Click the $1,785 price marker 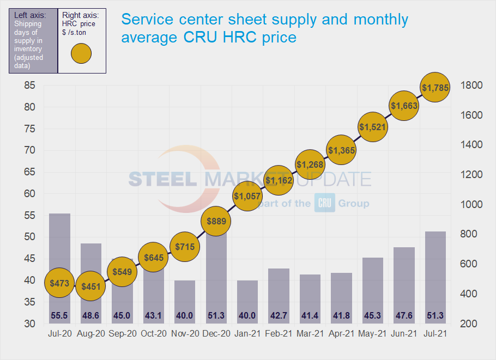pyautogui.click(x=435, y=87)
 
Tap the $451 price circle pyautogui.click(x=91, y=286)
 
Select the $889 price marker pyautogui.click(x=216, y=221)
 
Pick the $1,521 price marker pyautogui.click(x=372, y=127)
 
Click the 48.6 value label pyautogui.click(x=91, y=315)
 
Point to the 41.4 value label pyautogui.click(x=310, y=315)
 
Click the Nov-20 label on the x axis pyautogui.click(x=185, y=334)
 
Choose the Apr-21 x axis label pyautogui.click(x=341, y=334)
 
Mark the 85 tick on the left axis pyautogui.click(x=28, y=86)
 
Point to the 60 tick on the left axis pyautogui.click(x=28, y=194)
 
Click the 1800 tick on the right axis pyautogui.click(x=471, y=86)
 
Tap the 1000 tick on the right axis pyautogui.click(x=471, y=205)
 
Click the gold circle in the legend pyautogui.click(x=81, y=53)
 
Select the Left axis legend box pyautogui.click(x=32, y=40)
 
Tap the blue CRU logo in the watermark pyautogui.click(x=324, y=204)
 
